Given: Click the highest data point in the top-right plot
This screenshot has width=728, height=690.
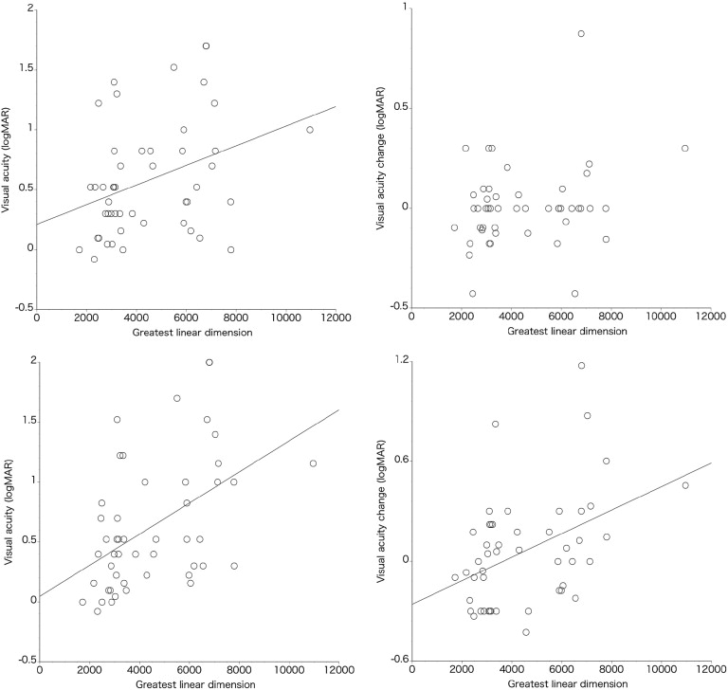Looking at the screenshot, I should [581, 34].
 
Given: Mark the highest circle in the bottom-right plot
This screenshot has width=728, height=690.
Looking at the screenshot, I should [581, 366].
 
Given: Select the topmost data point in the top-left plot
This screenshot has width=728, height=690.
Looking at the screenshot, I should [206, 45].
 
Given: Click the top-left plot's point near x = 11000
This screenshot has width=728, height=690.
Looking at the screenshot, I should [309, 130].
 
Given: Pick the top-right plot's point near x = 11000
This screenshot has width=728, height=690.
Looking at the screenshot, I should [684, 148].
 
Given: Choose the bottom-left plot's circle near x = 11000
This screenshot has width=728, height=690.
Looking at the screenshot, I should [313, 463].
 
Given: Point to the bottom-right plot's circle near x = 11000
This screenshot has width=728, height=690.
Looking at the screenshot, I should [684, 485].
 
